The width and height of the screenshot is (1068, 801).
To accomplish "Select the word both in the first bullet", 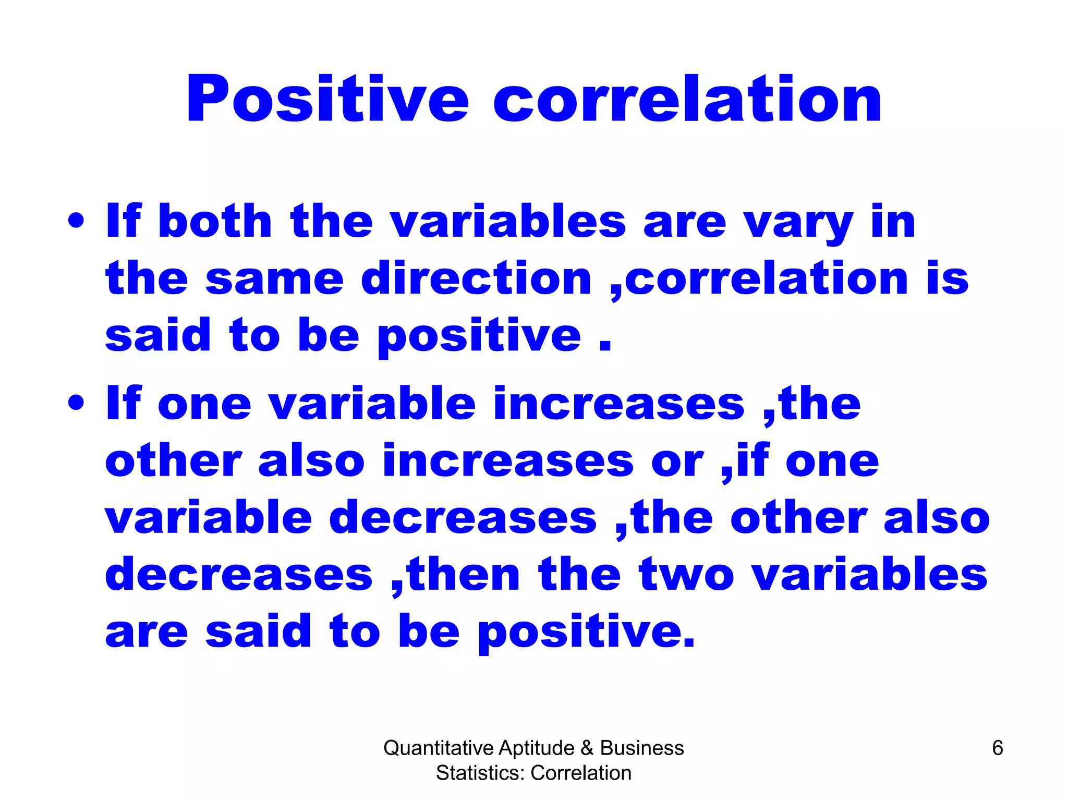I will (x=214, y=221).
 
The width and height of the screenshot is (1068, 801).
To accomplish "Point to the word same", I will (x=274, y=279).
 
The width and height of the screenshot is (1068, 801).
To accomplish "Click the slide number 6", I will (x=997, y=748).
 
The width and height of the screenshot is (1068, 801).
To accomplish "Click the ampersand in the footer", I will (x=587, y=748).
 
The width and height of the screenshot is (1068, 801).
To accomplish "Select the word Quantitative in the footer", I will (x=438, y=748).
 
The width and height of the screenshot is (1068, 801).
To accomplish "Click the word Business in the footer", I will (x=641, y=748).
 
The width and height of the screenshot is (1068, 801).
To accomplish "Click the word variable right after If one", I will (x=371, y=404).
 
